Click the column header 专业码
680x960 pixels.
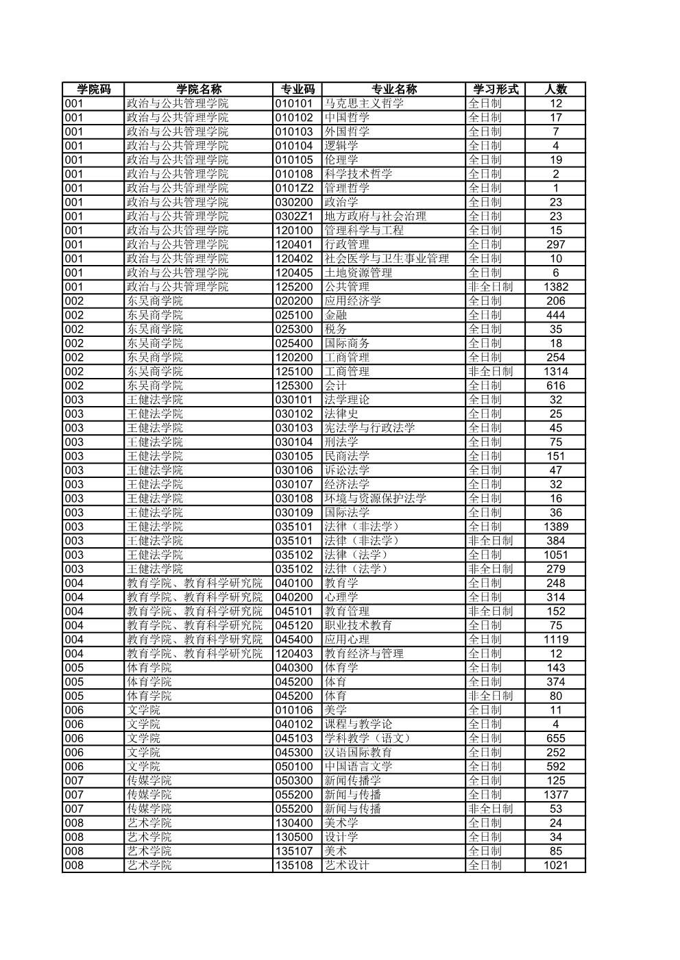point(297,89)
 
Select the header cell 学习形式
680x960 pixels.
point(495,89)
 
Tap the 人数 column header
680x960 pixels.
point(555,89)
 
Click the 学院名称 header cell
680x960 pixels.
point(199,89)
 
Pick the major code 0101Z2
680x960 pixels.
point(294,188)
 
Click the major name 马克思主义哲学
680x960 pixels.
point(364,103)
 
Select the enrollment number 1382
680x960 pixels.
point(555,287)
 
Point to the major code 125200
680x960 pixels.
point(294,287)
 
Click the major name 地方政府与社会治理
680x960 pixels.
point(375,216)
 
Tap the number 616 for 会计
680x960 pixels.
point(555,386)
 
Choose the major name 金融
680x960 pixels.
point(335,315)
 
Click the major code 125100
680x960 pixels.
point(294,371)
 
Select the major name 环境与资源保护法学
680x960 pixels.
point(375,498)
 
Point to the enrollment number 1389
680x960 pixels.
point(555,527)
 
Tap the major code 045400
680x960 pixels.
point(294,640)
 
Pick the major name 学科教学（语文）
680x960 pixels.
point(367,738)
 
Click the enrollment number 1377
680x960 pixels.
point(555,794)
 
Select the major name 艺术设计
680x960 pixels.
point(347,865)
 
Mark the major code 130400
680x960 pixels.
point(294,822)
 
